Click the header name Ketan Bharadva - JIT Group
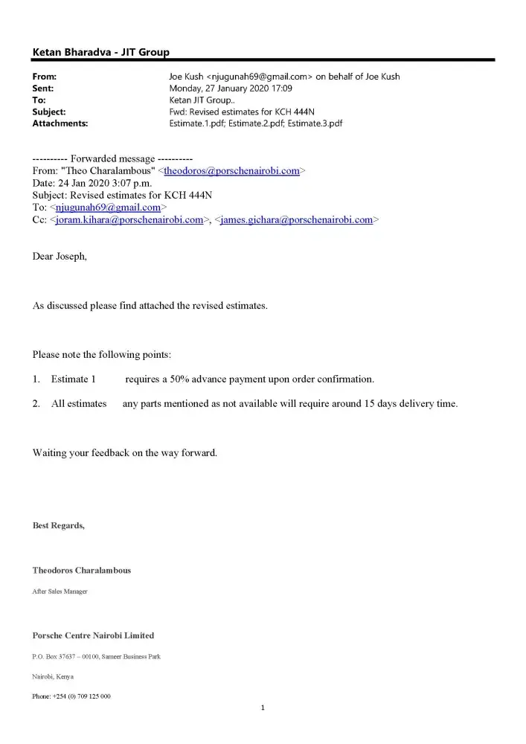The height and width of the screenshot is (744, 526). [100, 52]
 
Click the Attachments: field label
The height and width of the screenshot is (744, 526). [60, 124]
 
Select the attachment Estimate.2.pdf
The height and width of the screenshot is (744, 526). [256, 124]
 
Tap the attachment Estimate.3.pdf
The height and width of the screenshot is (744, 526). [315, 124]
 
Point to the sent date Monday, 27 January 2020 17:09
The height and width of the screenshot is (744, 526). [231, 88]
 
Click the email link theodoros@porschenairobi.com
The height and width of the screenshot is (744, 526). [231, 171]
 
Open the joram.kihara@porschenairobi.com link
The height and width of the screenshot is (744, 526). [130, 220]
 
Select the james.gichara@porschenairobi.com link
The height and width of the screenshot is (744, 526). [297, 220]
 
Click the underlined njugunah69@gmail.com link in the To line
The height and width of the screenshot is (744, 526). [109, 208]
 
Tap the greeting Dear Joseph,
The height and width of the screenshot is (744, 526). [60, 257]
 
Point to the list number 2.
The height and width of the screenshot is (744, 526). [36, 404]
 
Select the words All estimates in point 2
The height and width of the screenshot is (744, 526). [79, 404]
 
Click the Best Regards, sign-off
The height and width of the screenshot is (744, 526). [59, 526]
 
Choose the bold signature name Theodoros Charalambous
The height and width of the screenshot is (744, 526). [82, 571]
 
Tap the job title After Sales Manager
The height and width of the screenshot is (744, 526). [60, 591]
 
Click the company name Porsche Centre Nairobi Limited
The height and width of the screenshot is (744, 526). [93, 635]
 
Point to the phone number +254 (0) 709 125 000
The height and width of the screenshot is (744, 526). [71, 696]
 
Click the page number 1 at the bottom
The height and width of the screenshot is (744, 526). [263, 708]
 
